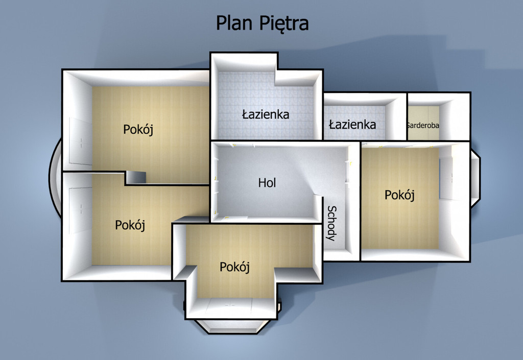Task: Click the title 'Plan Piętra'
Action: click(x=262, y=23)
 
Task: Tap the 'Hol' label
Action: click(x=267, y=183)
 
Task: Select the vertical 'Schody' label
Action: click(x=331, y=223)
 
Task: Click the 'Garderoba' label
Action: click(x=422, y=125)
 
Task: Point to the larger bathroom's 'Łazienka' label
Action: click(x=266, y=114)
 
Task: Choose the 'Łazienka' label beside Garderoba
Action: click(x=352, y=124)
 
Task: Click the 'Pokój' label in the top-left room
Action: click(x=138, y=129)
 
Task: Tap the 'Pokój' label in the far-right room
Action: click(x=399, y=195)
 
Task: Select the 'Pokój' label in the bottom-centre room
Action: click(x=234, y=267)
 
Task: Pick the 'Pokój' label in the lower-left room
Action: click(x=130, y=225)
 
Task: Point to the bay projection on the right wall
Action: click(x=476, y=178)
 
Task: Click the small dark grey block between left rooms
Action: click(x=135, y=177)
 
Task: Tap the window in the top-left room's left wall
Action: click(x=80, y=141)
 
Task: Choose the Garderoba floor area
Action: click(x=423, y=123)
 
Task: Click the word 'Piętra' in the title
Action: click(x=284, y=24)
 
